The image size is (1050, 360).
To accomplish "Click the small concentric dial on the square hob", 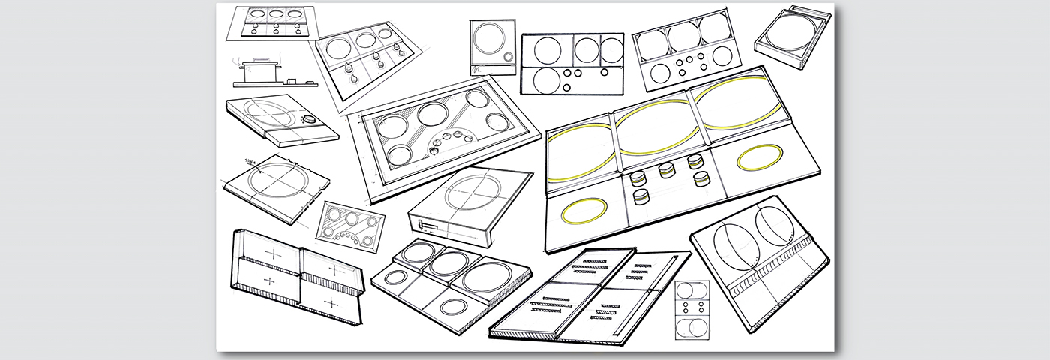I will (x=509, y=57).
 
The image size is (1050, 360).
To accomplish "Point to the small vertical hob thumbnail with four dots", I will (x=691, y=308).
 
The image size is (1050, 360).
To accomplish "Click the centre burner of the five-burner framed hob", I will (x=432, y=114).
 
